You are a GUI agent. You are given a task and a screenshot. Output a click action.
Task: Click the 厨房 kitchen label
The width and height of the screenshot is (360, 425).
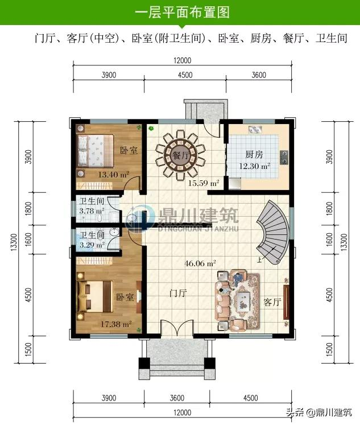point(254,154)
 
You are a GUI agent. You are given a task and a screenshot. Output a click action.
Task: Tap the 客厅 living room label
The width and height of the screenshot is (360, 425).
point(273,302)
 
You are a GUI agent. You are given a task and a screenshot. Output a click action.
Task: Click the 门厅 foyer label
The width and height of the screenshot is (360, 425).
point(179,293)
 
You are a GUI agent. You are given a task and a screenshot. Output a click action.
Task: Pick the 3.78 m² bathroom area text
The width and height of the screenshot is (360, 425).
point(91,211)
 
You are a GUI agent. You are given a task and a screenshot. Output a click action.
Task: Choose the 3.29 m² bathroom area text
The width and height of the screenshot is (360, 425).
point(91,245)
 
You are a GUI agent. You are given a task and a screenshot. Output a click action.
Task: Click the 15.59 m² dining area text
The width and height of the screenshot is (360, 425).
point(204,183)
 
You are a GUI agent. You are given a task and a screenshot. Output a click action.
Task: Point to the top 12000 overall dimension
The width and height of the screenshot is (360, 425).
point(183,60)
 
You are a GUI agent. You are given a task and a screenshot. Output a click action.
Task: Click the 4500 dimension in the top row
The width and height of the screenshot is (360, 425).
point(185,75)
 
